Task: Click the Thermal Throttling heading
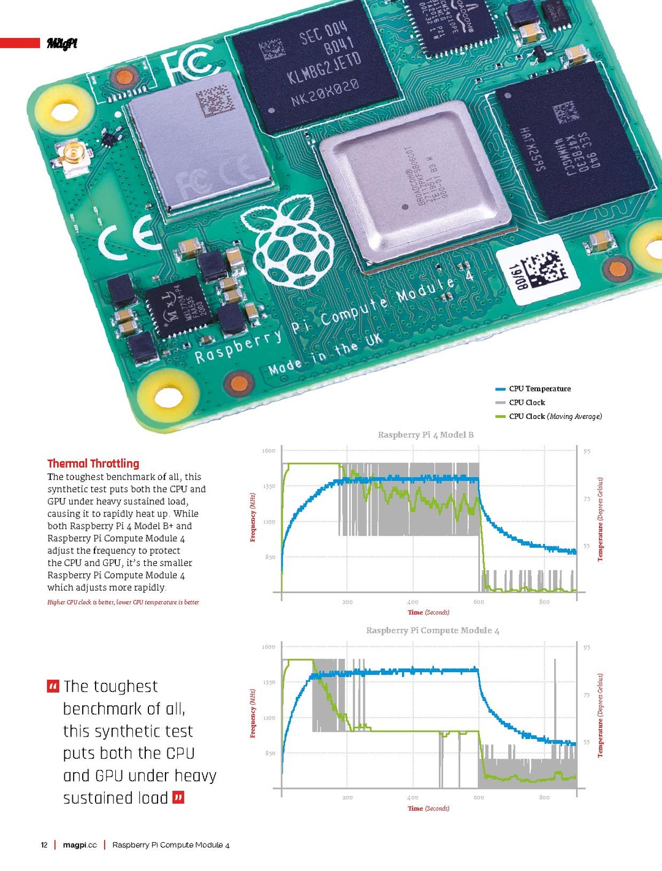(x=93, y=464)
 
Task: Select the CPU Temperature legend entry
(x=539, y=389)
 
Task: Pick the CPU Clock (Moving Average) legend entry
(x=555, y=416)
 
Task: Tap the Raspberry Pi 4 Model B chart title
(x=425, y=435)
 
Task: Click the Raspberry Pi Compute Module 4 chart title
(x=432, y=631)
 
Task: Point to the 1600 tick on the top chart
(x=268, y=451)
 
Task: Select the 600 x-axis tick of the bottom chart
(x=479, y=797)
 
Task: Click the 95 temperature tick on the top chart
(x=587, y=451)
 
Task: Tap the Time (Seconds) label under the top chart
(x=428, y=612)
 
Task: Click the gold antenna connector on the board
(x=73, y=155)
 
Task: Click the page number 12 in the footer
(x=44, y=845)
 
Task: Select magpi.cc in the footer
(x=80, y=845)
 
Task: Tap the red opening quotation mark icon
(x=53, y=686)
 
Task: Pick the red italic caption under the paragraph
(x=123, y=602)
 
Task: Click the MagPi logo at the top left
(x=62, y=43)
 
